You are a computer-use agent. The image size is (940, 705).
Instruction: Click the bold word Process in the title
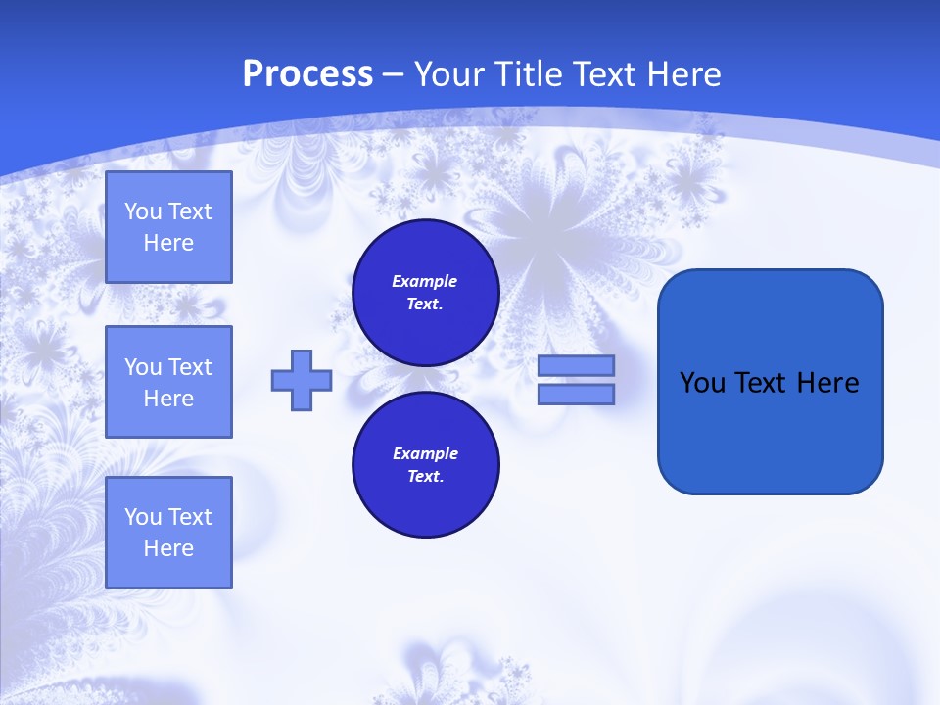(307, 74)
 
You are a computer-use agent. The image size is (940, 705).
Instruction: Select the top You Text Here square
(168, 227)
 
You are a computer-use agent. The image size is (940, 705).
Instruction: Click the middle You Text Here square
(168, 382)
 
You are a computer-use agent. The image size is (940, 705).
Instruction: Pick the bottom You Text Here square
(168, 533)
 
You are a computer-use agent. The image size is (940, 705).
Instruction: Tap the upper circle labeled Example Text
(425, 293)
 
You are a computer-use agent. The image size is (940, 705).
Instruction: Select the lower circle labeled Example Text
(425, 465)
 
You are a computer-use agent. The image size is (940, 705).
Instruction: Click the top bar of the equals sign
(577, 366)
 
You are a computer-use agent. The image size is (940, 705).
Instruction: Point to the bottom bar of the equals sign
(577, 395)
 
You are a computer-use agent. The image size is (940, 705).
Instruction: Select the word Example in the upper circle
(425, 281)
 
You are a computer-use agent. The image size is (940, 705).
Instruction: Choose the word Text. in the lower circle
(425, 477)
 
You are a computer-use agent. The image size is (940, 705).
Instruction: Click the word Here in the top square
(168, 243)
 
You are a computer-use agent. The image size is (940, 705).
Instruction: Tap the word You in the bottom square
(143, 517)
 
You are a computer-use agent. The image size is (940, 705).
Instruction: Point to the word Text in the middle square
(189, 367)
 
